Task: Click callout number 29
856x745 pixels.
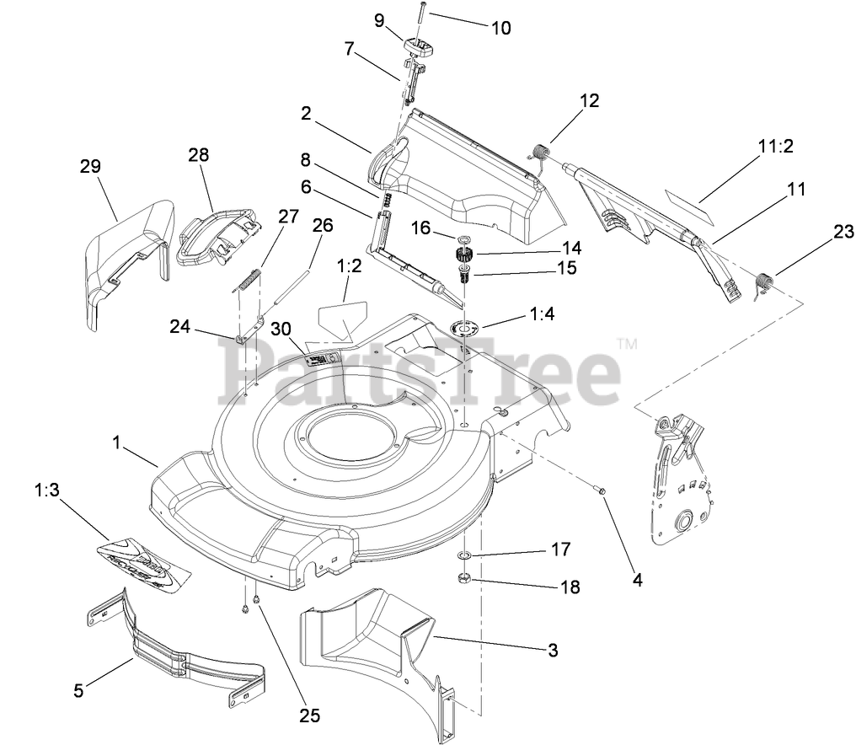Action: point(89,166)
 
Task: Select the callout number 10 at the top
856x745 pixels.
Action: point(500,27)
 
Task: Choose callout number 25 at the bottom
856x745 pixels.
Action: point(309,716)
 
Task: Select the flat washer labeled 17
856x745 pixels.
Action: point(462,557)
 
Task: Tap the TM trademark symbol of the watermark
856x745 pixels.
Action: point(626,343)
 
